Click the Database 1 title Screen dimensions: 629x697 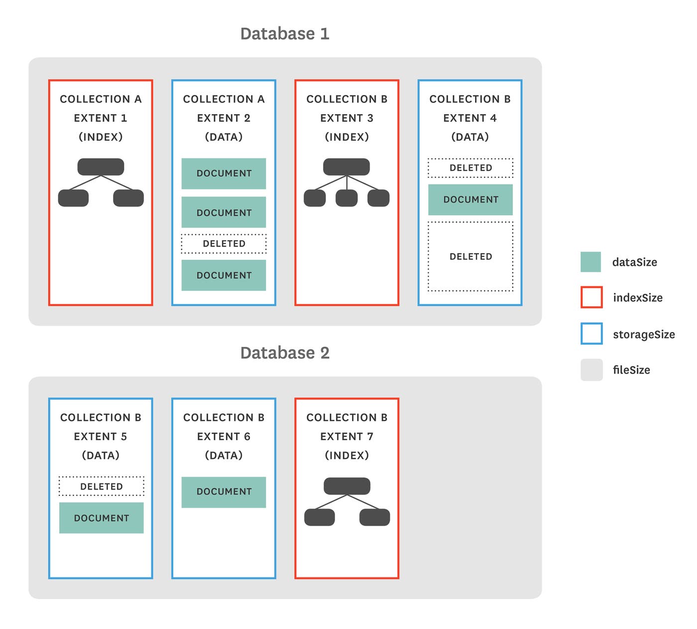point(284,34)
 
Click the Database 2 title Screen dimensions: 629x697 point(284,353)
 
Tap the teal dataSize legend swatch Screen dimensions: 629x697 point(590,262)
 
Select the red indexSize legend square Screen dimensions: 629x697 point(591,297)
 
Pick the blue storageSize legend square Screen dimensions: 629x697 point(591,334)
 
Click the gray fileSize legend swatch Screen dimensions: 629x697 point(591,370)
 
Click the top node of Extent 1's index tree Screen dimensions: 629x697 point(101,167)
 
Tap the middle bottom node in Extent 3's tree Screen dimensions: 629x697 point(347,198)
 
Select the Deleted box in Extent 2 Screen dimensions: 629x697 point(224,244)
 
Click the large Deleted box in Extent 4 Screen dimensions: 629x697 point(470,256)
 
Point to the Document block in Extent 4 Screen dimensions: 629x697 point(470,200)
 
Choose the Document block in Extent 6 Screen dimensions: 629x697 point(224,492)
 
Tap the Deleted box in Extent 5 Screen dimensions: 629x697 point(102,486)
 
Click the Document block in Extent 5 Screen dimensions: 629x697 point(102,518)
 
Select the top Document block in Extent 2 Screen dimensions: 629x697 point(224,173)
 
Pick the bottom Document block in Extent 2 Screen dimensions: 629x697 point(224,275)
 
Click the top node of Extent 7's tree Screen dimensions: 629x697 point(347,486)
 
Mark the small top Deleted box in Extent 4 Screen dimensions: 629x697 point(470,168)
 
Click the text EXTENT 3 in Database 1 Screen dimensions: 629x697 point(347,118)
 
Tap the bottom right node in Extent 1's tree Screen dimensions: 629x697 point(128,198)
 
